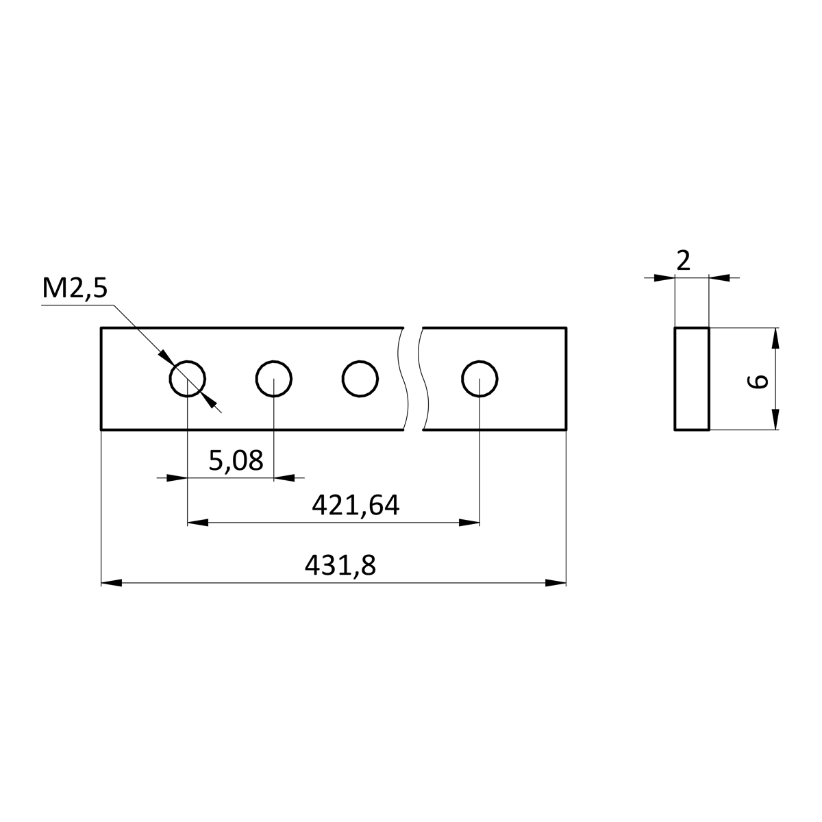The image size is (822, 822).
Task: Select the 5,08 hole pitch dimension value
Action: [x=236, y=461]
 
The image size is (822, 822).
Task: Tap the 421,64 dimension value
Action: [x=356, y=506]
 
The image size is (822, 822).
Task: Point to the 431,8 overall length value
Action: [x=340, y=566]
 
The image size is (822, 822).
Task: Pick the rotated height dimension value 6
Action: [x=758, y=381]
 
